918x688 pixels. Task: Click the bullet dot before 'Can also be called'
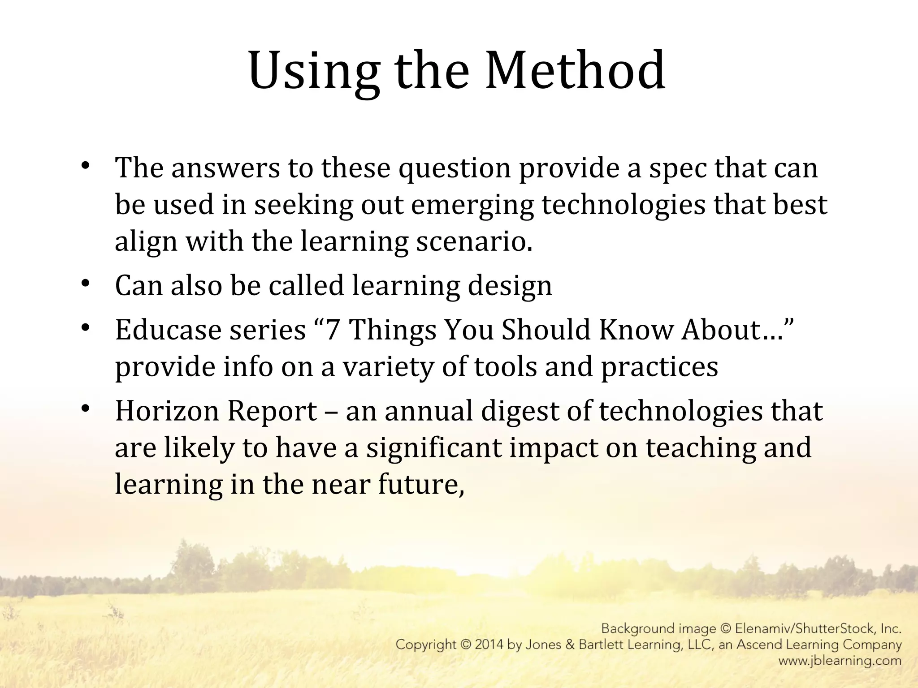(x=86, y=284)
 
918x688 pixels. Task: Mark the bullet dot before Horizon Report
(x=86, y=409)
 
